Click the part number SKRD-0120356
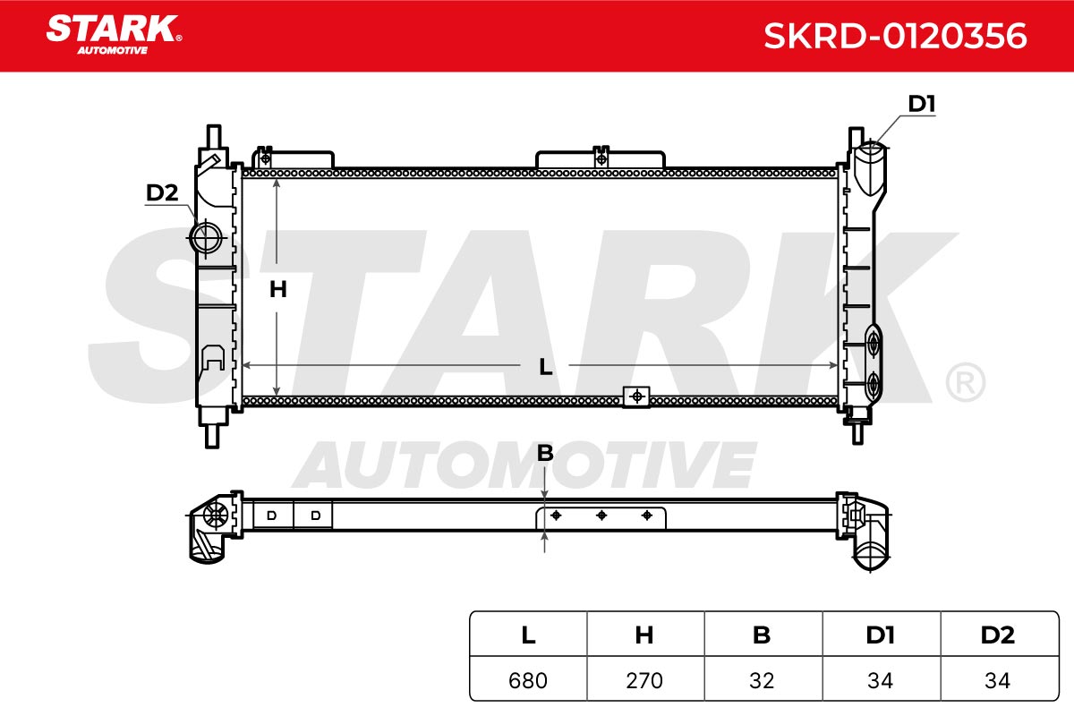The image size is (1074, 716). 895,36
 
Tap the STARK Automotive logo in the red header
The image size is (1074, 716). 115,35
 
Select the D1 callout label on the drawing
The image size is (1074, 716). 922,104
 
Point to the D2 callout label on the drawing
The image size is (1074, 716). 162,192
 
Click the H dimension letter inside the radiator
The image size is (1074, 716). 278,289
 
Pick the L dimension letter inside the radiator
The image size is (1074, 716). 546,367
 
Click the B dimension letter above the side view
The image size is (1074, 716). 545,453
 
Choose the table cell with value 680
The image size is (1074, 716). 528,680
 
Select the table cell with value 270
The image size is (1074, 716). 645,680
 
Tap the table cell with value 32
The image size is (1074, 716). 763,680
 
